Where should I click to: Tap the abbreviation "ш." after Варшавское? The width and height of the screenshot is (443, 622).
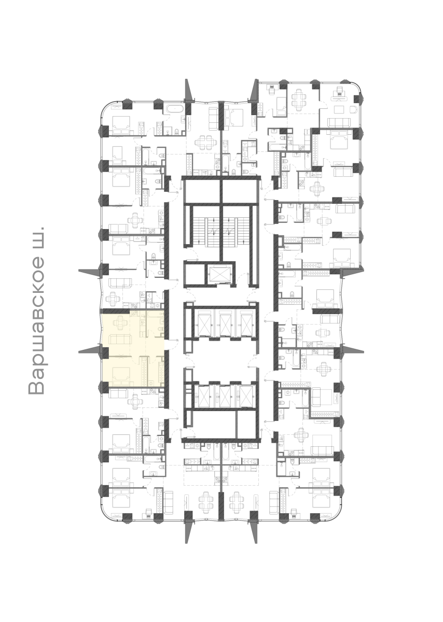click(x=37, y=237)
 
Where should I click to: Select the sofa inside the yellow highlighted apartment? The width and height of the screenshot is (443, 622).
click(x=120, y=341)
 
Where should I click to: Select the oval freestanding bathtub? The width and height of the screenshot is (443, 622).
click(x=173, y=108)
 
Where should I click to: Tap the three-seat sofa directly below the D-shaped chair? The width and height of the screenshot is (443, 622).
click(x=339, y=122)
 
